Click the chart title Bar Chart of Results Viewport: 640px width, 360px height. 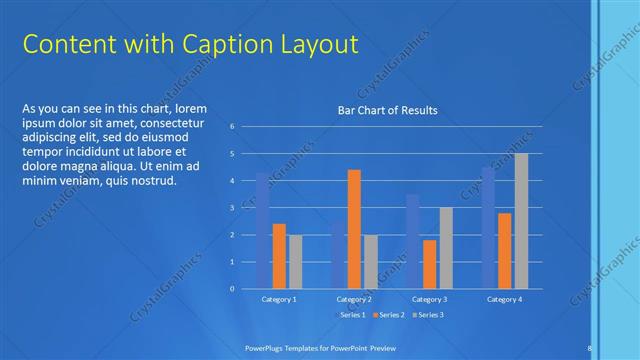tap(387, 110)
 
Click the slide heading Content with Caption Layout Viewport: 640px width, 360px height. tap(190, 45)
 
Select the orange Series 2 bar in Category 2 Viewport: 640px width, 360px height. tap(354, 229)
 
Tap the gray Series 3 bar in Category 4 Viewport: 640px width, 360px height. tap(521, 221)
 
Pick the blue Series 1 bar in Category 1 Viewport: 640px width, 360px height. tap(262, 231)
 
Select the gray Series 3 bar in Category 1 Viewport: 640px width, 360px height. tap(295, 261)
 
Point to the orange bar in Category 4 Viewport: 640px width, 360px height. tap(504, 250)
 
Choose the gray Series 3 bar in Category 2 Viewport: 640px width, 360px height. tap(371, 261)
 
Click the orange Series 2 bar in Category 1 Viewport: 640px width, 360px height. tap(279, 256)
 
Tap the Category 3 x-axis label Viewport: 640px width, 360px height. tap(429, 299)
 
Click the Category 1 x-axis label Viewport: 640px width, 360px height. tap(279, 299)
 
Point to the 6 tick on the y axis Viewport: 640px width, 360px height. tap(231, 127)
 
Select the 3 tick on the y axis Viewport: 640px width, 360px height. tap(231, 208)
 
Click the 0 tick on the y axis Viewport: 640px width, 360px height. tap(231, 289)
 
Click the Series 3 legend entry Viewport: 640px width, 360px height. tap(430, 315)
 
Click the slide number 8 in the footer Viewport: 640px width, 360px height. tap(590, 347)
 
